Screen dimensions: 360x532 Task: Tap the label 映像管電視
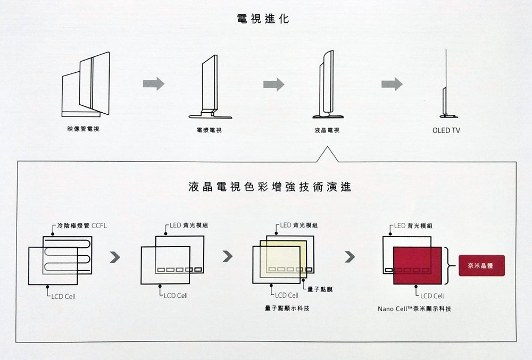click(83, 129)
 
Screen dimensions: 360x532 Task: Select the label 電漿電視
click(209, 130)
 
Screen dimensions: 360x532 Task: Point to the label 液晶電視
click(327, 130)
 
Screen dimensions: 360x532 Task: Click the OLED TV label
click(446, 130)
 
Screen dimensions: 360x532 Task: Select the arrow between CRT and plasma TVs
click(153, 83)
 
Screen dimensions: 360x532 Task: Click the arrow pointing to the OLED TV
click(392, 83)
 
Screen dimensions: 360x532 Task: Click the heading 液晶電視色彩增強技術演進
click(269, 188)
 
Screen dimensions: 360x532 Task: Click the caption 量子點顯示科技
click(287, 308)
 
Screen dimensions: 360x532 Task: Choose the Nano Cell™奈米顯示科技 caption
click(414, 308)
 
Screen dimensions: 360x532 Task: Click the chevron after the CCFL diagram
click(114, 257)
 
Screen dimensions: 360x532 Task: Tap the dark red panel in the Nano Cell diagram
click(417, 266)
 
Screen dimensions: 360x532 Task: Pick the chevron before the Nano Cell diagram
click(350, 257)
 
